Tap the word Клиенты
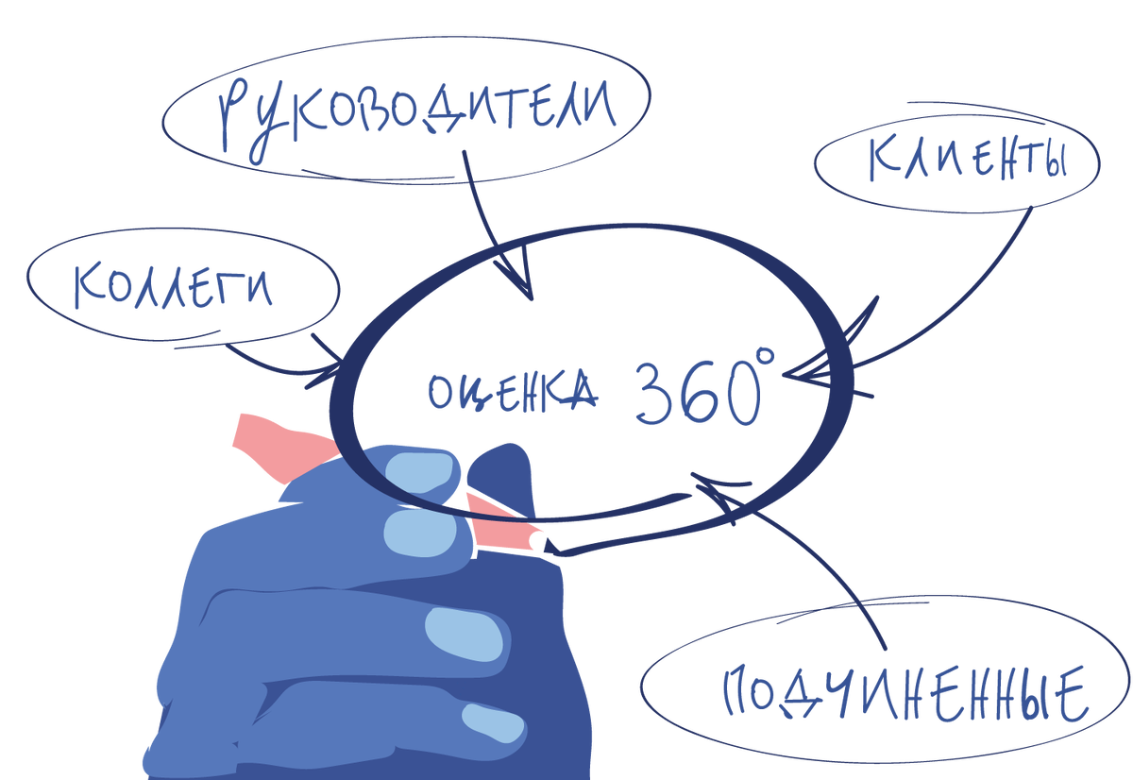968,161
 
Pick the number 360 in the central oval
694,392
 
